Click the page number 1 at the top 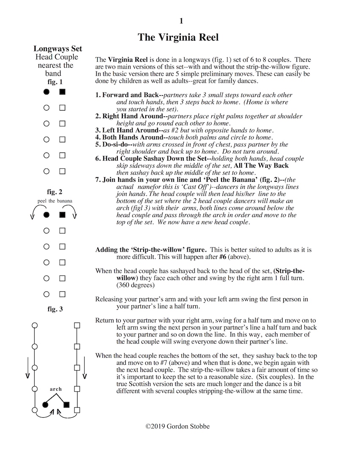coord(181,21)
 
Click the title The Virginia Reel coord(178,38)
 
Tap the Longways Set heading coord(58,49)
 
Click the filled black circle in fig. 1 coord(47,92)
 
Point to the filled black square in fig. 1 coord(62,92)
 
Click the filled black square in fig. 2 coord(62,215)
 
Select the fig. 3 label coord(55,309)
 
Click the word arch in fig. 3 coord(55,389)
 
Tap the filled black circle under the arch coord(46,405)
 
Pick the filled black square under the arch coord(66,405)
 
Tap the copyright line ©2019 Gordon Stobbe coord(177,426)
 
